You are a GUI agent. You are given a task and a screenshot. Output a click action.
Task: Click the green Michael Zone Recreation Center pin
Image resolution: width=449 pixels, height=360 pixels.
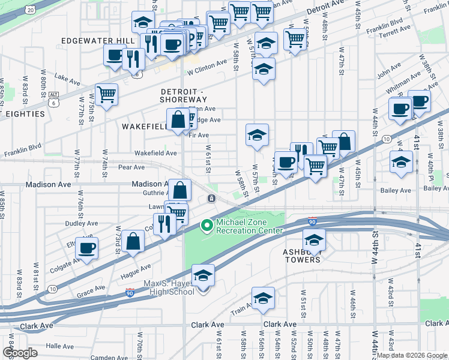click(x=206, y=226)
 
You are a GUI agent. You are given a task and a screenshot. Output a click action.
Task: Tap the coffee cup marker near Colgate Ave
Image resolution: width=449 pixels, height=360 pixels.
click(x=88, y=248)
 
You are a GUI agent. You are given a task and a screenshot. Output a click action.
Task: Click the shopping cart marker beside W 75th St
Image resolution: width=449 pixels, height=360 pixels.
click(x=106, y=95)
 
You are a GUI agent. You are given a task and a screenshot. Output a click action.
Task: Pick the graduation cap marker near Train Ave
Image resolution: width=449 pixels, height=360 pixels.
click(x=263, y=298)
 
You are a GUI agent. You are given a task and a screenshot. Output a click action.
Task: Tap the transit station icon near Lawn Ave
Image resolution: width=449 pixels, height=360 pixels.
click(x=211, y=199)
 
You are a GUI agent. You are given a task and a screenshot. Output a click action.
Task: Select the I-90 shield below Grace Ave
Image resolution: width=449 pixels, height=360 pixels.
click(x=130, y=293)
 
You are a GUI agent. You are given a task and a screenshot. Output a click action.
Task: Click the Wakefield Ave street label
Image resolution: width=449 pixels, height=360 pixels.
click(x=155, y=153)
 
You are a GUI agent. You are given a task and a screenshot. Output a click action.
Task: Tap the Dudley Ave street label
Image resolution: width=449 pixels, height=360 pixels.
click(x=82, y=223)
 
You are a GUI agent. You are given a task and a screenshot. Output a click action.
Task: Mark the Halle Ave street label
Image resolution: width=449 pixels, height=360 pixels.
click(x=59, y=346)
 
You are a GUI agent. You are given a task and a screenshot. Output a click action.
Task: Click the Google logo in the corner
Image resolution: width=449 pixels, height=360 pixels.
click(x=20, y=353)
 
